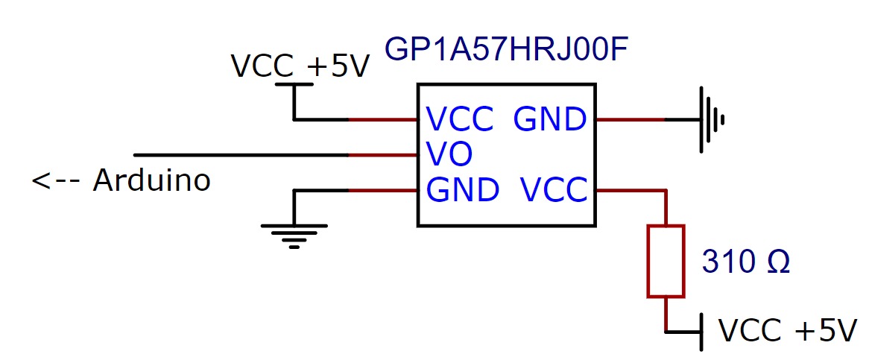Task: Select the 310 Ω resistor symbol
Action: coord(666,261)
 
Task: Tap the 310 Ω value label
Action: coord(746,262)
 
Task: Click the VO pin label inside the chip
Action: coord(449,155)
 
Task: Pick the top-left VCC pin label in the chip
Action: coord(459,119)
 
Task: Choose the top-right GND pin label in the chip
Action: coord(550,119)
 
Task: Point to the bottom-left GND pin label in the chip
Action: coord(462,191)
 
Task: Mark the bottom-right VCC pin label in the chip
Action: coord(554,191)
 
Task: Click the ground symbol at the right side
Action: coord(710,119)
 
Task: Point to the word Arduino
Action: coord(151,180)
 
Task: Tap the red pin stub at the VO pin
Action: coord(382,155)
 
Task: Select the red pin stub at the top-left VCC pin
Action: coord(382,119)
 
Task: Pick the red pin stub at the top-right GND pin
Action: coord(630,119)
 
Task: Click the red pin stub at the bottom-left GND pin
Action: coord(382,191)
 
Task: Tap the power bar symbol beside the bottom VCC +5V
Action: coord(701,332)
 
